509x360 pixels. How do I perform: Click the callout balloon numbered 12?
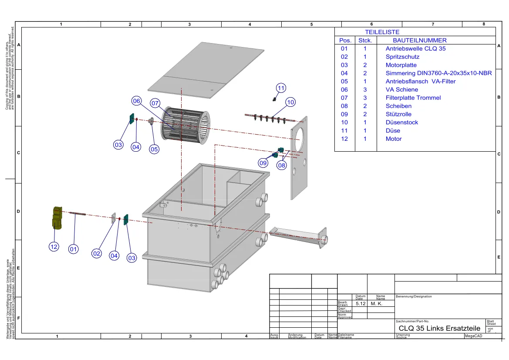tap(54, 247)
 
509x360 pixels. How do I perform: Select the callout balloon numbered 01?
tap(74, 249)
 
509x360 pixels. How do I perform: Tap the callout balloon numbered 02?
tap(97, 253)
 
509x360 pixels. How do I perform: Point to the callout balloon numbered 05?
tap(154, 149)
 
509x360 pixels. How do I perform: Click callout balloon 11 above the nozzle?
tap(281, 88)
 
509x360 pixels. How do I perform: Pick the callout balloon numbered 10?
tap(290, 102)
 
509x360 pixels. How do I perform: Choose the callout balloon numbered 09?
tap(263, 163)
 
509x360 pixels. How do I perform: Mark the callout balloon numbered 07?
tap(155, 103)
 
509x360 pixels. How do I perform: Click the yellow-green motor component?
tap(56, 217)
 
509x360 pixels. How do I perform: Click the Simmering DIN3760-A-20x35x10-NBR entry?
tap(438, 73)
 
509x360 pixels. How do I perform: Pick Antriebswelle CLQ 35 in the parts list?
tap(415, 48)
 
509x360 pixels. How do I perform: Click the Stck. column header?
tap(365, 40)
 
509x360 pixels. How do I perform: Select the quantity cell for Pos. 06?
tap(365, 90)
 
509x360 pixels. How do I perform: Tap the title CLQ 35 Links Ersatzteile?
tap(439, 328)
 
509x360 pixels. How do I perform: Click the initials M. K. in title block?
tap(376, 304)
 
